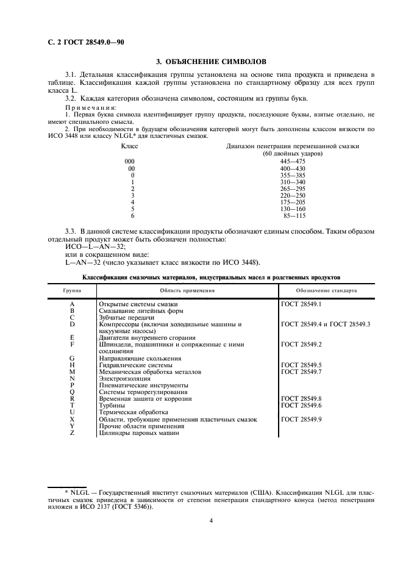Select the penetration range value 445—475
coord(293,161)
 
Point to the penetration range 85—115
coord(294,216)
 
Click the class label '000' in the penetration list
coord(129,161)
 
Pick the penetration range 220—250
coord(293,195)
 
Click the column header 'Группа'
coord(73,290)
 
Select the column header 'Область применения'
coord(187,290)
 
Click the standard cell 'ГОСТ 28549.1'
coord(301,304)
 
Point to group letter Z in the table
coord(73,433)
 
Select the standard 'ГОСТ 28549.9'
coord(301,420)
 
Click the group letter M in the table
coord(73,372)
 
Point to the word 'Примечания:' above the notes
coord(90,107)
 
